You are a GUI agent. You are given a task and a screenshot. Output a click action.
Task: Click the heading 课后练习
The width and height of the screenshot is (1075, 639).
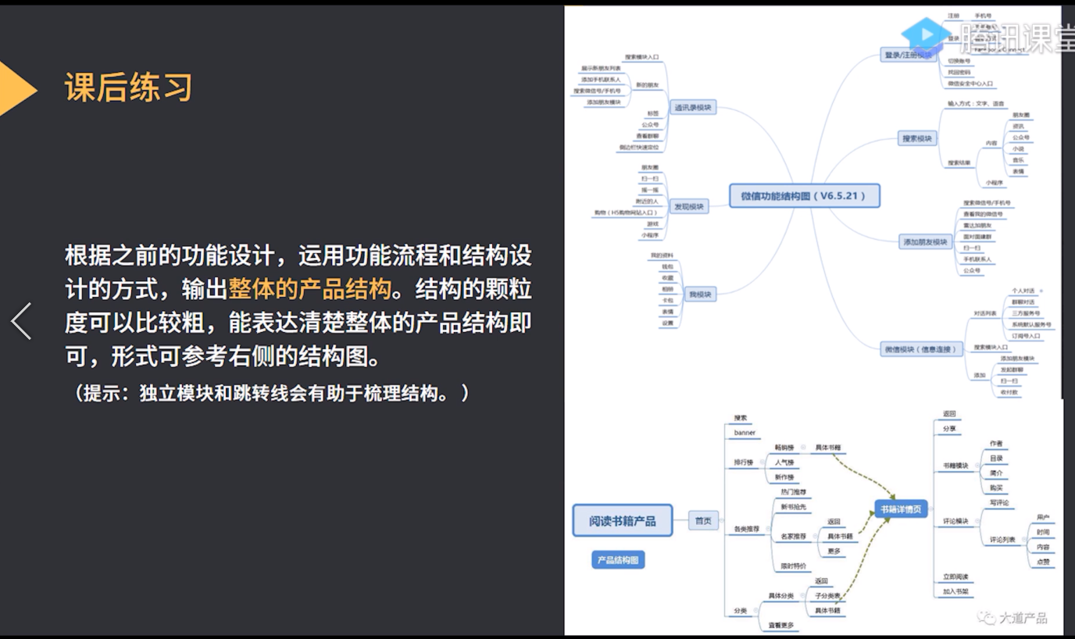tap(129, 87)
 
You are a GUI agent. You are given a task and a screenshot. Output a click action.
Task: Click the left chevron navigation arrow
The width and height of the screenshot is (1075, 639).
tap(21, 320)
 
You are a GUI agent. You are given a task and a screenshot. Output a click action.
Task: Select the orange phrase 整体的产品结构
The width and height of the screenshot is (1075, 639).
tap(309, 289)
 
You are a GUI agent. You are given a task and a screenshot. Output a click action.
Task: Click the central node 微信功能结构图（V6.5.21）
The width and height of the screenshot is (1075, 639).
tap(804, 196)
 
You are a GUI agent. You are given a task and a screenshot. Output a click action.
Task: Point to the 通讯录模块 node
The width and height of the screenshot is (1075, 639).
tap(693, 108)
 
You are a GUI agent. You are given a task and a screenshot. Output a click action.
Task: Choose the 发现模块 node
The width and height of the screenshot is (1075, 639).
tap(690, 207)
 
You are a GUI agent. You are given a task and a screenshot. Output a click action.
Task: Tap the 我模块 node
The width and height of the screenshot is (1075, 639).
tap(699, 295)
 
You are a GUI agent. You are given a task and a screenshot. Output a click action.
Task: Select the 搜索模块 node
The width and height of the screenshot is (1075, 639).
tap(917, 139)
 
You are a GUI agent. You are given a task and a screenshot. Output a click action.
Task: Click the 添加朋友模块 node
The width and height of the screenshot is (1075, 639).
tap(925, 242)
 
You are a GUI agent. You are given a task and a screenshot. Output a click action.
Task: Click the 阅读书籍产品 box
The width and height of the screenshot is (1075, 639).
tap(623, 520)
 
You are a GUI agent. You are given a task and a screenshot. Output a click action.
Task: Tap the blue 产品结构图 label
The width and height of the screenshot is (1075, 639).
tap(618, 560)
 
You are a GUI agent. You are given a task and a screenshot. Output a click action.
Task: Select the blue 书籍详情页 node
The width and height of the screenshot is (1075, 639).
tap(901, 510)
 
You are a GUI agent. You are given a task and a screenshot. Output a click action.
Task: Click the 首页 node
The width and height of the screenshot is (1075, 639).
tap(703, 520)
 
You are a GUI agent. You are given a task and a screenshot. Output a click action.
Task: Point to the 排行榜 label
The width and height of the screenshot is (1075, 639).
tap(743, 462)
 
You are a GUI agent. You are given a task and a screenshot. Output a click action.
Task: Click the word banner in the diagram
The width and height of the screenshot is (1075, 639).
tap(745, 433)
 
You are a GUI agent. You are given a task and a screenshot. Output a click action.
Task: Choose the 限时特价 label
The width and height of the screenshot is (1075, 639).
tap(793, 566)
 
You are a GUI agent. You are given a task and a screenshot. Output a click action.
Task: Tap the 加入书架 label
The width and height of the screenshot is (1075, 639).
tap(955, 591)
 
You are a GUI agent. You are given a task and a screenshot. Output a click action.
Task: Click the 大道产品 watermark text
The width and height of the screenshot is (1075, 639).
tap(1023, 618)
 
